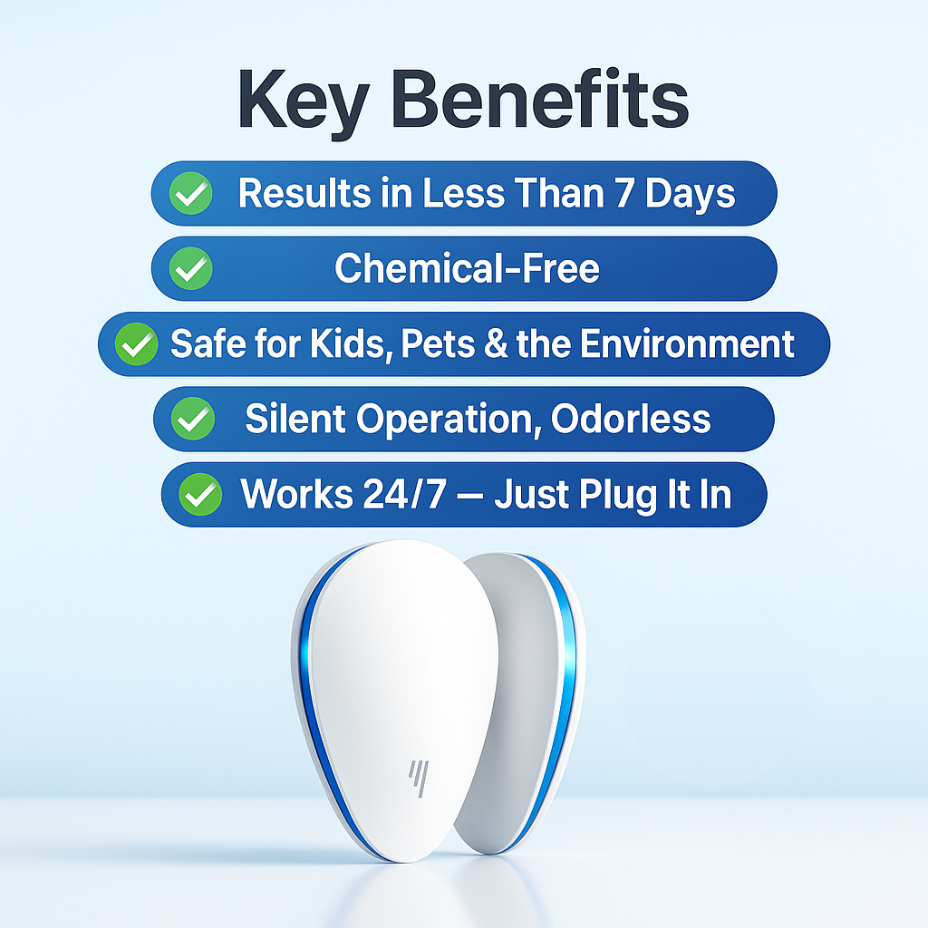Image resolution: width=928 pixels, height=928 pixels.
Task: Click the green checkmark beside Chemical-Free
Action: coord(192,269)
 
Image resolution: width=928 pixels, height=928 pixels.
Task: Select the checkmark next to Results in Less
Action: coord(192,194)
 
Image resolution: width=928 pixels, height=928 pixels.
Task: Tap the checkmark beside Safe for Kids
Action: coord(136,345)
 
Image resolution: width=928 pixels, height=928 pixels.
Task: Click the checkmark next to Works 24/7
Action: coord(199,495)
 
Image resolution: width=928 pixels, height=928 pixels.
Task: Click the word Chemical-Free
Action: coord(467,268)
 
